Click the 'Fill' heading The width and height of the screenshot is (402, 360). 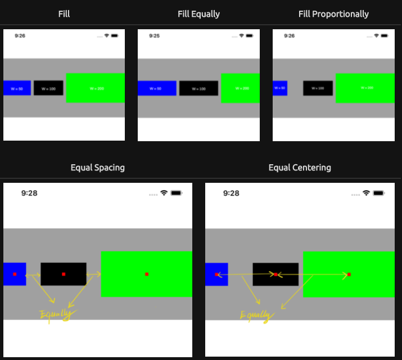tap(64, 13)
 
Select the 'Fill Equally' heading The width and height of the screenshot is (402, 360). tap(198, 13)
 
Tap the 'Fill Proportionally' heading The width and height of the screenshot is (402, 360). tap(333, 13)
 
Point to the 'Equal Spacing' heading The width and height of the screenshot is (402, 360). tap(98, 167)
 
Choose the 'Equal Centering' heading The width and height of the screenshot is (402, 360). tap(300, 167)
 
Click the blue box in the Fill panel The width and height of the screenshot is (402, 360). tap(17, 88)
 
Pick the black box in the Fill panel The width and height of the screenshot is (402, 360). tap(48, 88)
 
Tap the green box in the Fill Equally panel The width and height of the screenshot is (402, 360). tap(240, 88)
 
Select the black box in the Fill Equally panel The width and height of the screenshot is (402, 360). tap(198, 88)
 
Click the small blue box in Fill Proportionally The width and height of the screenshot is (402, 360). tap(280, 88)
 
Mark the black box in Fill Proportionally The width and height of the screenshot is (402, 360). tap(318, 88)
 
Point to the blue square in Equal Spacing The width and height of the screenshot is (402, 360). tap(15, 274)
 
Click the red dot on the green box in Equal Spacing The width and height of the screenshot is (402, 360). tap(147, 274)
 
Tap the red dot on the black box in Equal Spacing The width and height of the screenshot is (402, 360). tap(64, 274)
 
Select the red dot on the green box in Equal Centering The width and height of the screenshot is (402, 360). tap(349, 274)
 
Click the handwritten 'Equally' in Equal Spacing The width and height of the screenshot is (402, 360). tap(56, 314)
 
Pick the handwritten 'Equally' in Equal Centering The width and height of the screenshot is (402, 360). tap(256, 316)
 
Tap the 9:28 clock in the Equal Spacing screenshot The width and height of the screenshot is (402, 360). tap(29, 193)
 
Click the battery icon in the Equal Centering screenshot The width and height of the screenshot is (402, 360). tap(380, 193)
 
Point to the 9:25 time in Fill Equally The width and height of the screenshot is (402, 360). tap(155, 35)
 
